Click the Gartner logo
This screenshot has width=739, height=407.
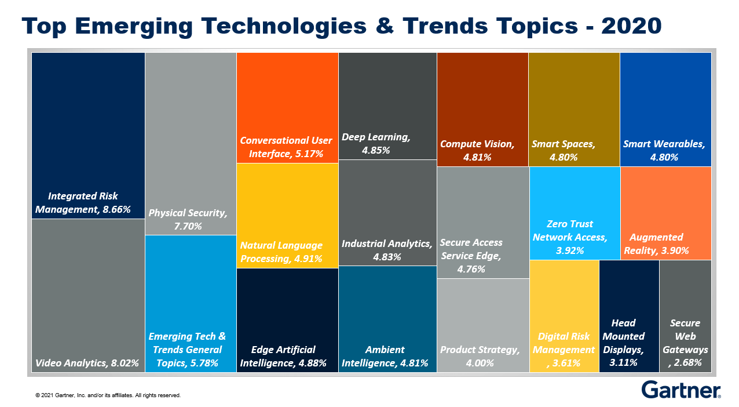coord(681,390)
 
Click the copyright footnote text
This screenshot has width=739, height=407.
coord(108,395)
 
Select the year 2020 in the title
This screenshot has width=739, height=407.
coord(632,26)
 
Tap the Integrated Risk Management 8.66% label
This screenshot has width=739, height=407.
coord(83,203)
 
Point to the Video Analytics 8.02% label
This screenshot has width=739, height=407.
coord(87,364)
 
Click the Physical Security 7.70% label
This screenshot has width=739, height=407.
coord(188,219)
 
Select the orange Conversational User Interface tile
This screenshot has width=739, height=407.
coord(287,107)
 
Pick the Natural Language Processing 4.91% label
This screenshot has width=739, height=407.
coord(281,252)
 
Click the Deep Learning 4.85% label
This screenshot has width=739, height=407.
coord(376,144)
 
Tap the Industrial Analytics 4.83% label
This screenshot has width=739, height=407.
coord(387,250)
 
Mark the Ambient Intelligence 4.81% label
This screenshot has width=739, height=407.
coord(385,357)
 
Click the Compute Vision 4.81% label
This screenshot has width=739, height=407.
coord(477,150)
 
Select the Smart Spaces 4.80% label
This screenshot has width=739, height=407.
coord(564,150)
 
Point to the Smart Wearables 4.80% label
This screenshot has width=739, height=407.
coord(664,150)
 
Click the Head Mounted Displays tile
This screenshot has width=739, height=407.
coord(628,316)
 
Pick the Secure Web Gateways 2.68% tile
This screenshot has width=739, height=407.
coord(685,316)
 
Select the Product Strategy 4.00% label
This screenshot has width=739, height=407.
coord(480,357)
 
